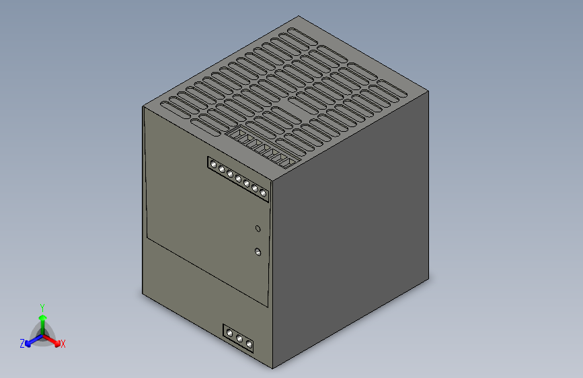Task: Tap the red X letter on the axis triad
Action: [x=63, y=344]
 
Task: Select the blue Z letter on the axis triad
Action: [x=22, y=344]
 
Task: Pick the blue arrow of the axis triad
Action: [x=30, y=341]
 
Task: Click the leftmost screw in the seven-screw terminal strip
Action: [x=213, y=164]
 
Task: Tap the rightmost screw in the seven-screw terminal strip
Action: [x=264, y=194]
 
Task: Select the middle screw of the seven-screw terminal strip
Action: [x=238, y=179]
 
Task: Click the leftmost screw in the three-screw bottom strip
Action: [x=230, y=333]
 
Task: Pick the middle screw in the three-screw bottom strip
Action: [x=239, y=338]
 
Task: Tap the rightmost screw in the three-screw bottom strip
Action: [x=249, y=344]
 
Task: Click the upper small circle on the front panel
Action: [x=258, y=229]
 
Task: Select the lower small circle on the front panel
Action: [x=258, y=252]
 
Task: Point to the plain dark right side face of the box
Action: [x=350, y=235]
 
